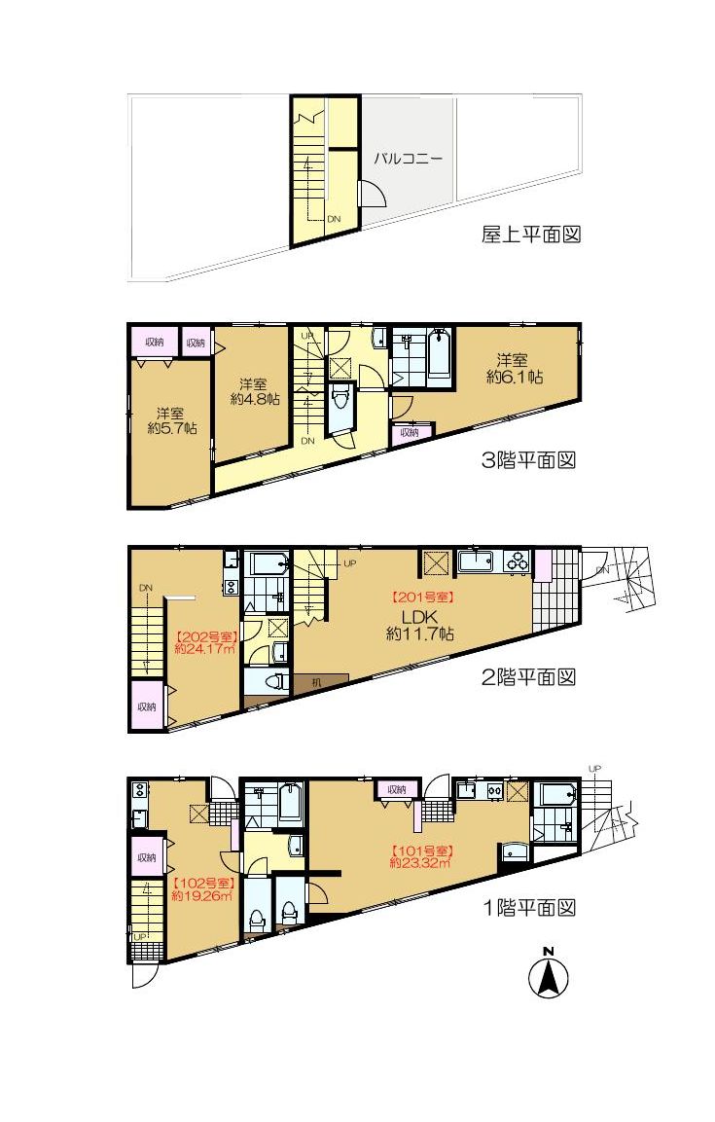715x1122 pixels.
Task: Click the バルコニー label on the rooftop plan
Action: point(409,159)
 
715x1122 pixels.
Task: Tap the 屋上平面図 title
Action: point(530,234)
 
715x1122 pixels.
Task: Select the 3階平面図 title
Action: point(528,459)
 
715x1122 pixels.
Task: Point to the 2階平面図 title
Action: point(528,677)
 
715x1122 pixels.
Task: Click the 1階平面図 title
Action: point(529,908)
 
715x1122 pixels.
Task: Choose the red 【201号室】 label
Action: point(422,597)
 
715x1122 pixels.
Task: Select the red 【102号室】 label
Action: point(203,883)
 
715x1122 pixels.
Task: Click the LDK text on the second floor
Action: point(419,617)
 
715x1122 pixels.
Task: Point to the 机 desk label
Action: point(317,683)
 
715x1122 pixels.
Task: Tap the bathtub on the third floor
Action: point(439,352)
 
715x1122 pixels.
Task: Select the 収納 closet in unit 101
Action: point(397,789)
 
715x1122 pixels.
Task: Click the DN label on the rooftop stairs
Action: point(334,219)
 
